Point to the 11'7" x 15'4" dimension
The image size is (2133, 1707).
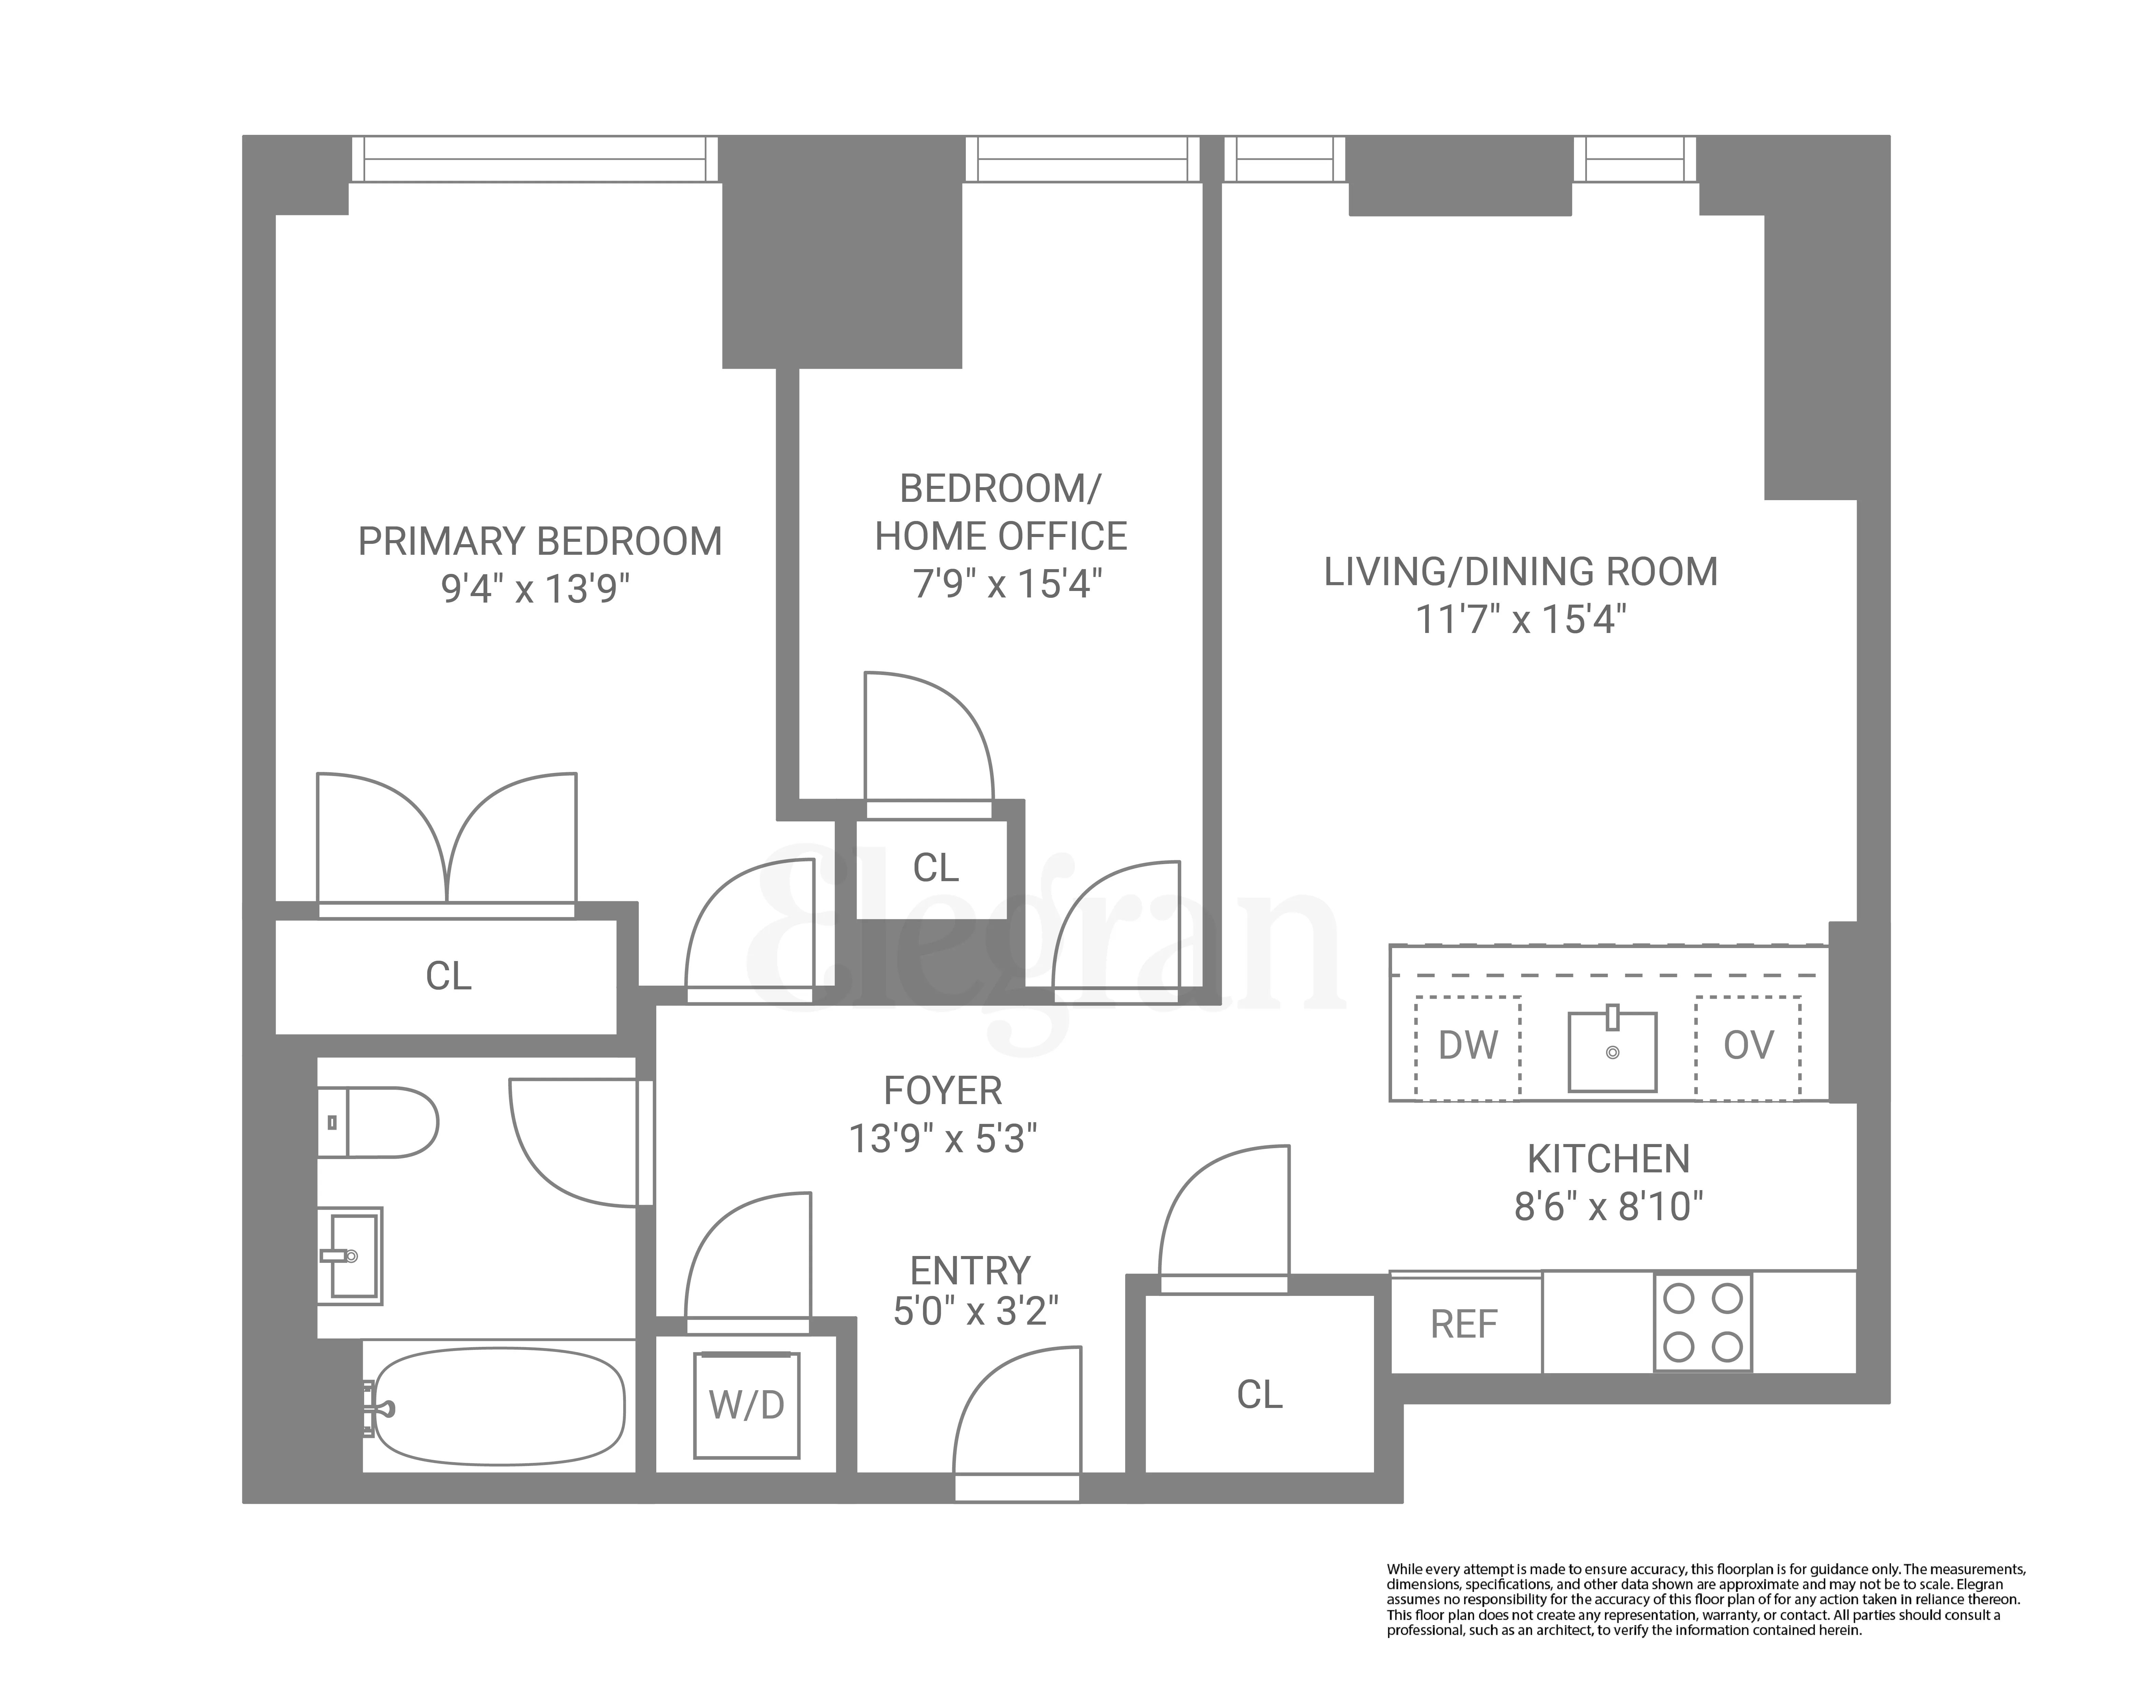coord(1521,620)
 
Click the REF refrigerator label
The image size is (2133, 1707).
coord(1464,1324)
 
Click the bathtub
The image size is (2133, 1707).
coord(500,1406)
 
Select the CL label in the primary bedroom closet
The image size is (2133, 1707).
coord(448,977)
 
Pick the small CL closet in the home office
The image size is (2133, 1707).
coord(935,868)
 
